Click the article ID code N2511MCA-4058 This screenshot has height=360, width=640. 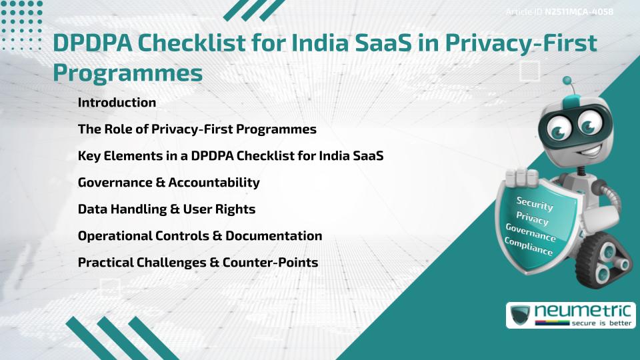[579, 11]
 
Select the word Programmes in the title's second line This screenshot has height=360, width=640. [127, 73]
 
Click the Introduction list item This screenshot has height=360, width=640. [117, 103]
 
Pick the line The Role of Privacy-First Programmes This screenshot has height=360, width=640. [197, 129]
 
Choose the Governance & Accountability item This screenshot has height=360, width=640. [169, 183]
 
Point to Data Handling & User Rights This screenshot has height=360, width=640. [167, 209]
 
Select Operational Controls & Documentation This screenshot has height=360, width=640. [200, 236]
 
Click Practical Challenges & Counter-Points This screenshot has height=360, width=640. [198, 263]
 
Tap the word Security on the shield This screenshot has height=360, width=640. [535, 203]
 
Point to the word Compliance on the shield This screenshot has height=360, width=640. [528, 247]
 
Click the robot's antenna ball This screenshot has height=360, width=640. [568, 81]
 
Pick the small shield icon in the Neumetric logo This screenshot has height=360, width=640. [519, 315]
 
